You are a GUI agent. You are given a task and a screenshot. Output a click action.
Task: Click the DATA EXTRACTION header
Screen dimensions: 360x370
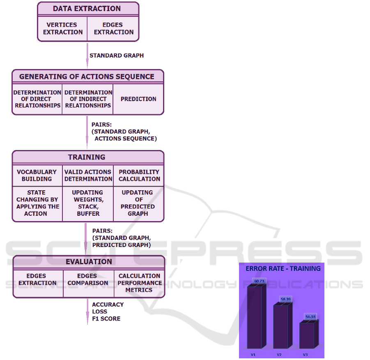[87, 9]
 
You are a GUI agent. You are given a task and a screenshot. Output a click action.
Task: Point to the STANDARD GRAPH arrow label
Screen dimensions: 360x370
[117, 55]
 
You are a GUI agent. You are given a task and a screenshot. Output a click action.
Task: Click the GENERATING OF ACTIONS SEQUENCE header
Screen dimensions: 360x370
[87, 76]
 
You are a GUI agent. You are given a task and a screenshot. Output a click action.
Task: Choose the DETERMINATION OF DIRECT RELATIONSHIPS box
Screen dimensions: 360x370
[37, 99]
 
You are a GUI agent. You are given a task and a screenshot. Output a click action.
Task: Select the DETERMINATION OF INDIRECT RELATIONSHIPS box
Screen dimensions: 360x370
[88, 99]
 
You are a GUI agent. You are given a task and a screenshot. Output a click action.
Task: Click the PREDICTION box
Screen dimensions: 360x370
[138, 99]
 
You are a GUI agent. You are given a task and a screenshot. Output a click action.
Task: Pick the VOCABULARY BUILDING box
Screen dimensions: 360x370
[37, 175]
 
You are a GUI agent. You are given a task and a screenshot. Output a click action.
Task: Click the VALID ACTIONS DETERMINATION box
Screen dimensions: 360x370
[88, 175]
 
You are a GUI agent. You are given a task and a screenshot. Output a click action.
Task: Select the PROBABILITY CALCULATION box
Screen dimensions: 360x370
[139, 175]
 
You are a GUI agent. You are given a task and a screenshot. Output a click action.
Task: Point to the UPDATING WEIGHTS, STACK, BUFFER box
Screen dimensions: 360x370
[88, 203]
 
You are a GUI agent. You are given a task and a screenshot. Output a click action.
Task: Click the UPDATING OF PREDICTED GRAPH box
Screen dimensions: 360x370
[138, 203]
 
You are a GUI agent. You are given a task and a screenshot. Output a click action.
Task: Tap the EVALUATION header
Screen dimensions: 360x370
[89, 262]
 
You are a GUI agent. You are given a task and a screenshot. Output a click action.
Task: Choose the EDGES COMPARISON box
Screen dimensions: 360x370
[88, 279]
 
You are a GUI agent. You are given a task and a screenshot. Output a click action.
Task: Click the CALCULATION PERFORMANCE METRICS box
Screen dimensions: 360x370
[139, 283]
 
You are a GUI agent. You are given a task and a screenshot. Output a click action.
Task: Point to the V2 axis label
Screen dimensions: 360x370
[279, 354]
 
